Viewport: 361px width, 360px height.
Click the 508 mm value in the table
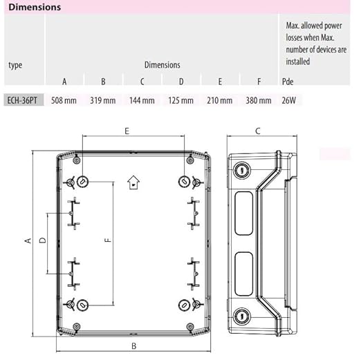tap(64, 100)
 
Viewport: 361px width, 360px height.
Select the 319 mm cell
tap(103, 100)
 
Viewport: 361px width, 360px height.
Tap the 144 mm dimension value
tap(142, 100)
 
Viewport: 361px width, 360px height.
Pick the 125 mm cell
tap(180, 100)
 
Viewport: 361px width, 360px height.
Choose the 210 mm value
tap(220, 100)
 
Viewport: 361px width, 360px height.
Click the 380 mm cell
tap(259, 100)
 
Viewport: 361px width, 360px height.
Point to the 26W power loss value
tap(288, 100)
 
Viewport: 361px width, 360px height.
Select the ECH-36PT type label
tap(22, 100)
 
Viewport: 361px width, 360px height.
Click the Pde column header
tap(288, 82)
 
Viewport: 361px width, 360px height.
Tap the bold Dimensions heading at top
tap(35, 7)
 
